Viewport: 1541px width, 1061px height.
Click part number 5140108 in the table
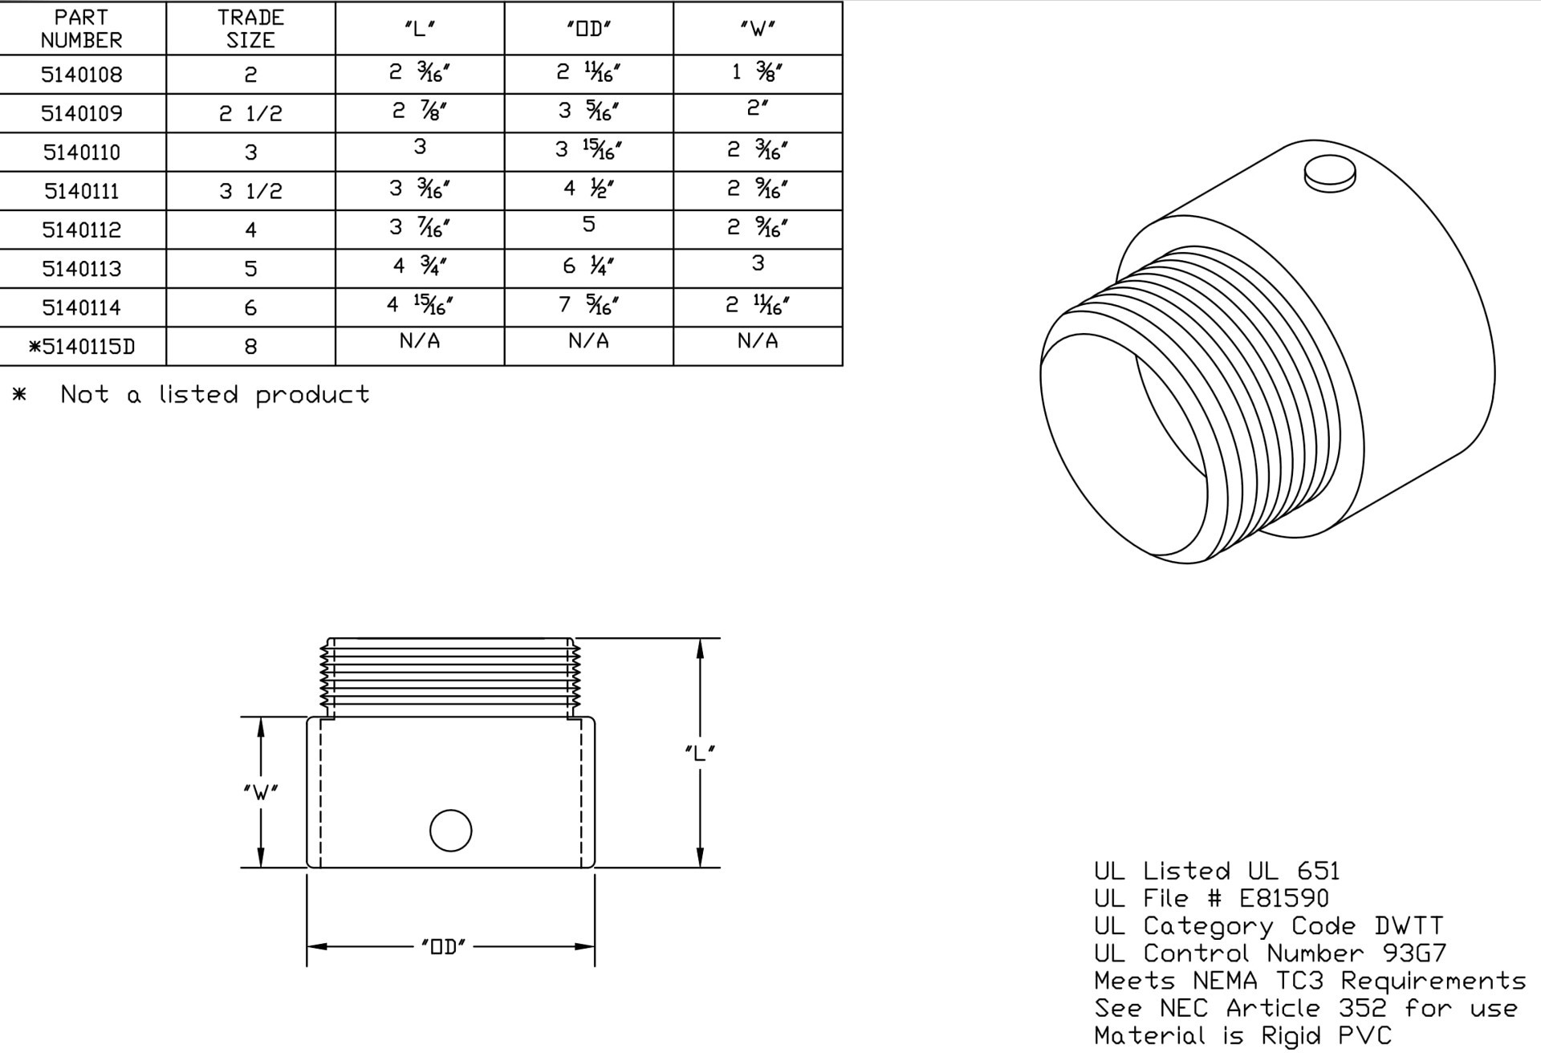[82, 75]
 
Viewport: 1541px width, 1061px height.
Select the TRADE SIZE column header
[250, 29]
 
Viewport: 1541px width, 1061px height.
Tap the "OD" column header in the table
[588, 29]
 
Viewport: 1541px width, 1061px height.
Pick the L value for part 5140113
[420, 266]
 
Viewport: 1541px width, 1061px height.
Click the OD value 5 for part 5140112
[588, 225]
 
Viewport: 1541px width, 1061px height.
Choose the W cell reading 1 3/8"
[757, 72]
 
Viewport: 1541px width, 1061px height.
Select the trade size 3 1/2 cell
[250, 191]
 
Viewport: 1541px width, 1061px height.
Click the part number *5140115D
[82, 347]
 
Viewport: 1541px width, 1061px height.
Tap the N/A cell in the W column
[757, 342]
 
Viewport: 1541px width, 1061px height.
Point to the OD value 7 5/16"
[588, 305]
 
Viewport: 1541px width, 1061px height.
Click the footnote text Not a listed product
[215, 395]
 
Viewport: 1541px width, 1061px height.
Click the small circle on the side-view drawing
[450, 831]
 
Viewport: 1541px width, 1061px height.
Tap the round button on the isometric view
[1330, 173]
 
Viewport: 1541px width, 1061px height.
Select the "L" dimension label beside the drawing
[700, 753]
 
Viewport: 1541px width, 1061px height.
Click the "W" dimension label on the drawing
[260, 792]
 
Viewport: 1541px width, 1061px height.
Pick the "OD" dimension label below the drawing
[443, 947]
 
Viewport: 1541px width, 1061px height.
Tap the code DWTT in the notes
[1409, 925]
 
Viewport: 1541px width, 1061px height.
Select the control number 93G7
[1414, 953]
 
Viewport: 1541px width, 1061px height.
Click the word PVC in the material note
[1364, 1035]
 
